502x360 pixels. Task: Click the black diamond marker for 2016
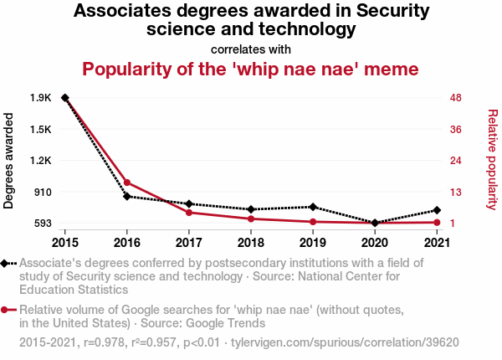pos(127,197)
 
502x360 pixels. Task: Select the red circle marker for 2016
pos(127,183)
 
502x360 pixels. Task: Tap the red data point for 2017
pos(189,213)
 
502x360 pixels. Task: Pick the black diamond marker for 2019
pos(312,207)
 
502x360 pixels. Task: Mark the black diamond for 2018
pos(251,209)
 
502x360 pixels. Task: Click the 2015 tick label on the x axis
pos(65,243)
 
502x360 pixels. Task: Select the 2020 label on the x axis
pos(374,243)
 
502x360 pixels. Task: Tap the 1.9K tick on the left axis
pos(40,98)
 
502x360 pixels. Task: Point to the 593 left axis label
pos(41,224)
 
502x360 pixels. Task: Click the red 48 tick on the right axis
pos(456,98)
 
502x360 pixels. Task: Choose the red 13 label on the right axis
pos(456,192)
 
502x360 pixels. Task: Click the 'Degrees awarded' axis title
pos(9,161)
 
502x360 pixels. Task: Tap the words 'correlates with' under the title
pos(251,49)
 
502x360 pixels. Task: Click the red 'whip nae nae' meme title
pos(251,69)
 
